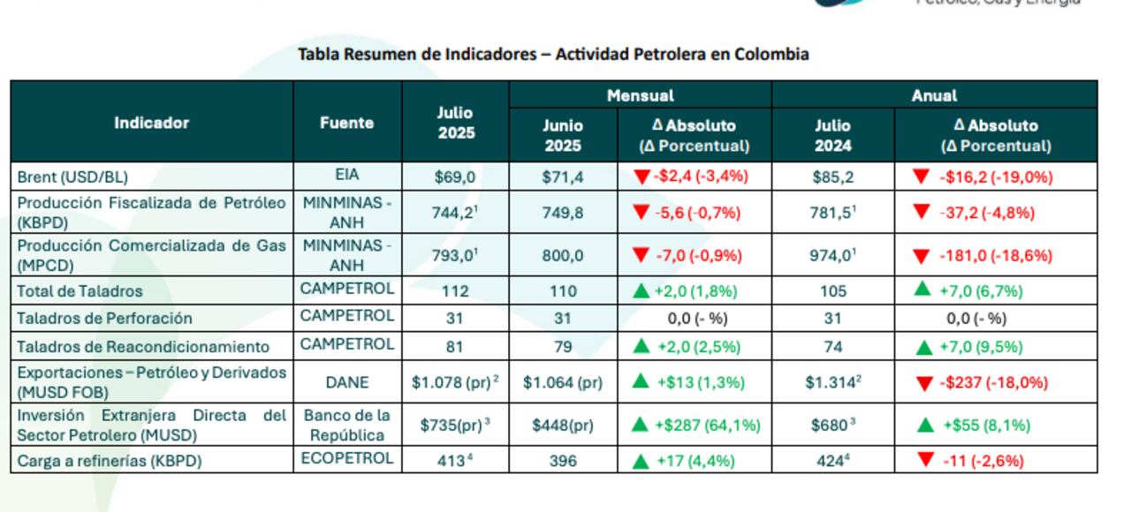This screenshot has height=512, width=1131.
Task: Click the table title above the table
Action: [553, 55]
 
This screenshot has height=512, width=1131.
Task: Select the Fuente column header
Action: [346, 123]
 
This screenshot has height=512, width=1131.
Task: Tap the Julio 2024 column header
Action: [832, 135]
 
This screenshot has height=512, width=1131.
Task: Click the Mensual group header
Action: [640, 95]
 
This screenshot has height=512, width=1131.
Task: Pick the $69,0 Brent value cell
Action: [454, 177]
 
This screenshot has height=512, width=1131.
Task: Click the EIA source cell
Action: [346, 176]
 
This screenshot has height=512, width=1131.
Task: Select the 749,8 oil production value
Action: [563, 213]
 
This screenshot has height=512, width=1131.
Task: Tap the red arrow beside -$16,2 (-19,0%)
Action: [921, 177]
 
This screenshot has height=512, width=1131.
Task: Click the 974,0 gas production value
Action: [832, 256]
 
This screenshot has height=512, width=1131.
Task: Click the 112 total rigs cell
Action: [454, 290]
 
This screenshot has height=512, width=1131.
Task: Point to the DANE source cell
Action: [346, 382]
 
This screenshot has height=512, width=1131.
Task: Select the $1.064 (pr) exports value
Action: [563, 382]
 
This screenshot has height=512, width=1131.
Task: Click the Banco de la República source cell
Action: [346, 425]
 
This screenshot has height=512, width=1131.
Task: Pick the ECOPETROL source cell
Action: [346, 459]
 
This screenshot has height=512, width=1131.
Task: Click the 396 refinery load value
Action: [563, 461]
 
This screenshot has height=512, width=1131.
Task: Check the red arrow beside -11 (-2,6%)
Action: [925, 460]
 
